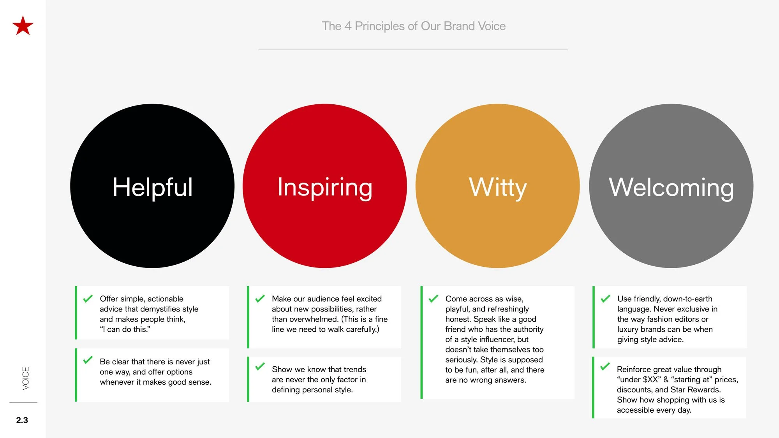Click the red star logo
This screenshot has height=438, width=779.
tap(23, 26)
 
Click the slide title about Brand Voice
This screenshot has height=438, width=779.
tap(414, 26)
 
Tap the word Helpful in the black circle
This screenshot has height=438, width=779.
tap(152, 187)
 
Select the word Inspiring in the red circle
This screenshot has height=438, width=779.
tap(324, 187)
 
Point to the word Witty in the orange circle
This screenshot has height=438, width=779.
tap(497, 187)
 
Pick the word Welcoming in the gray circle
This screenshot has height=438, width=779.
tap(671, 187)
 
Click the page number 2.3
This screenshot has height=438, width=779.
tap(22, 420)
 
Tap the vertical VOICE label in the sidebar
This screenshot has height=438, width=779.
tap(26, 378)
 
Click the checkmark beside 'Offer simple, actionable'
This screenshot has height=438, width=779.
tap(88, 299)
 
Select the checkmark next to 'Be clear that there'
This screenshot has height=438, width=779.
tap(88, 360)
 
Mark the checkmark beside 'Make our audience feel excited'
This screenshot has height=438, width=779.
tap(260, 299)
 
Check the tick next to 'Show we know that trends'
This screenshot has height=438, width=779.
tap(260, 367)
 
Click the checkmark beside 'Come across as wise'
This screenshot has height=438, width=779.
tap(433, 299)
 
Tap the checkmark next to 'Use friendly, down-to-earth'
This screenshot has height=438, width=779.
tap(605, 299)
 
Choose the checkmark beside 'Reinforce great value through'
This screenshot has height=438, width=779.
tap(605, 367)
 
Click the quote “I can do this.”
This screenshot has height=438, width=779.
tap(125, 329)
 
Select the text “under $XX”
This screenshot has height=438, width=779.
tap(639, 380)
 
